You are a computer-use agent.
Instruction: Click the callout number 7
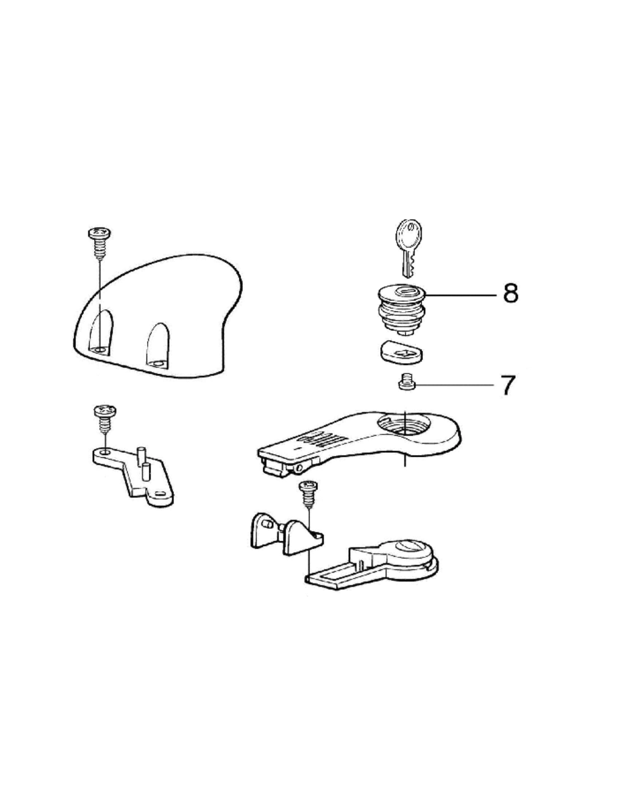(509, 385)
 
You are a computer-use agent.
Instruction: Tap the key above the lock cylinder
(408, 248)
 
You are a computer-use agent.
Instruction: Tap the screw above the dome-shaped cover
(99, 242)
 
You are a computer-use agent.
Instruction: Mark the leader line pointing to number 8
(461, 294)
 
